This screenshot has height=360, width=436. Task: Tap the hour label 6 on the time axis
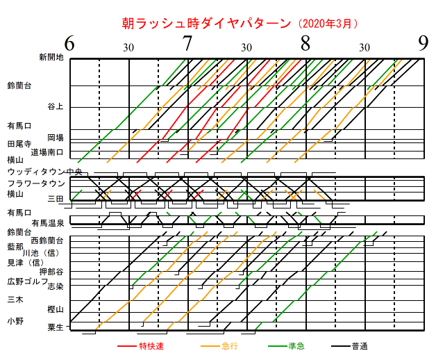69,44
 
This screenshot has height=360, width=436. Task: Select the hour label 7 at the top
187,44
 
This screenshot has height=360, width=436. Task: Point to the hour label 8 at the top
305,44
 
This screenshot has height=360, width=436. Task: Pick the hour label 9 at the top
424,44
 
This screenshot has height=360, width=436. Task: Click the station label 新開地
51,57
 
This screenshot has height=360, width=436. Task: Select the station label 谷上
56,106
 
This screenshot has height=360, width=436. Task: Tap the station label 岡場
56,137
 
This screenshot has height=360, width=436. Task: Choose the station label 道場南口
47,151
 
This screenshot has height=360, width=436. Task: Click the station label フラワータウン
37,183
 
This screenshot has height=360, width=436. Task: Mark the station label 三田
56,199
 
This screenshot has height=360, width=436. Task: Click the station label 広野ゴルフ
27,281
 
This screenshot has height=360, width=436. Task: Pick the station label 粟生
56,327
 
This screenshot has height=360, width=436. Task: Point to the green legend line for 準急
276,345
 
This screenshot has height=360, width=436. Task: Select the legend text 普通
359,345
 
